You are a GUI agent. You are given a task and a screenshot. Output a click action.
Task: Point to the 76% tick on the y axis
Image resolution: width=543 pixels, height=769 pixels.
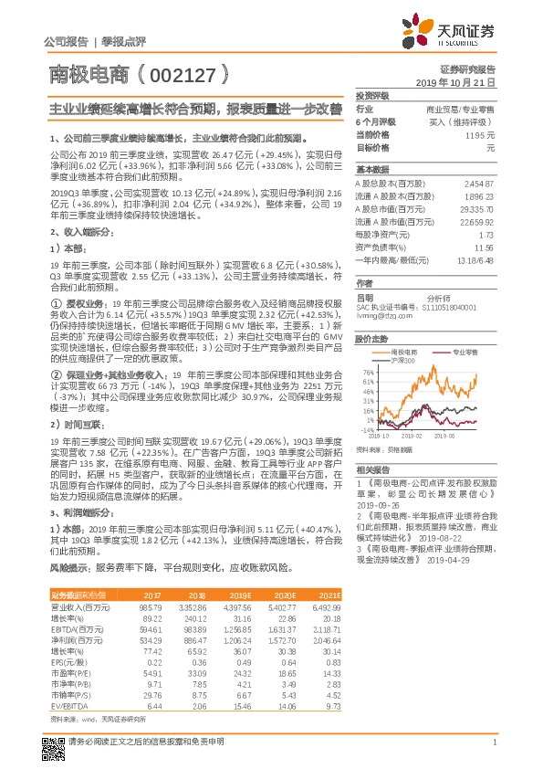(368, 373)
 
